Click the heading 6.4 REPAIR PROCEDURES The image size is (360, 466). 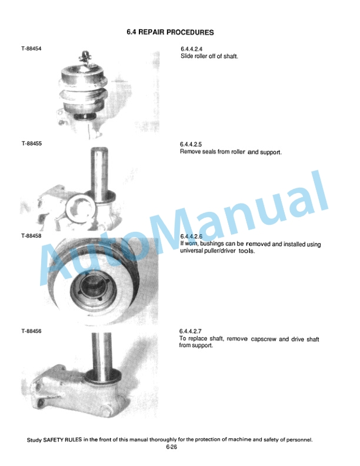click(170, 32)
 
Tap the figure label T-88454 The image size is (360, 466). click(31, 49)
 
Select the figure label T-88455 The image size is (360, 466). click(32, 143)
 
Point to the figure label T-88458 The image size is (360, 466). click(31, 236)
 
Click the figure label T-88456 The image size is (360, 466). click(31, 331)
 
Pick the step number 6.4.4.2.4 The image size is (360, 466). click(192, 49)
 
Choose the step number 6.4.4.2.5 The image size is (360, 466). click(191, 144)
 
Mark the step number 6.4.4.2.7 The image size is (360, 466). click(190, 331)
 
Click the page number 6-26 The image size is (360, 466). click(171, 447)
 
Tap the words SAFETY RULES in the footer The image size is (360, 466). click(62, 440)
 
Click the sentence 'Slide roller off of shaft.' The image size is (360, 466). click(209, 56)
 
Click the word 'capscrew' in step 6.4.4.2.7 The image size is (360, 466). click(264, 339)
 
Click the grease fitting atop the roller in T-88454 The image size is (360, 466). click(85, 57)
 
